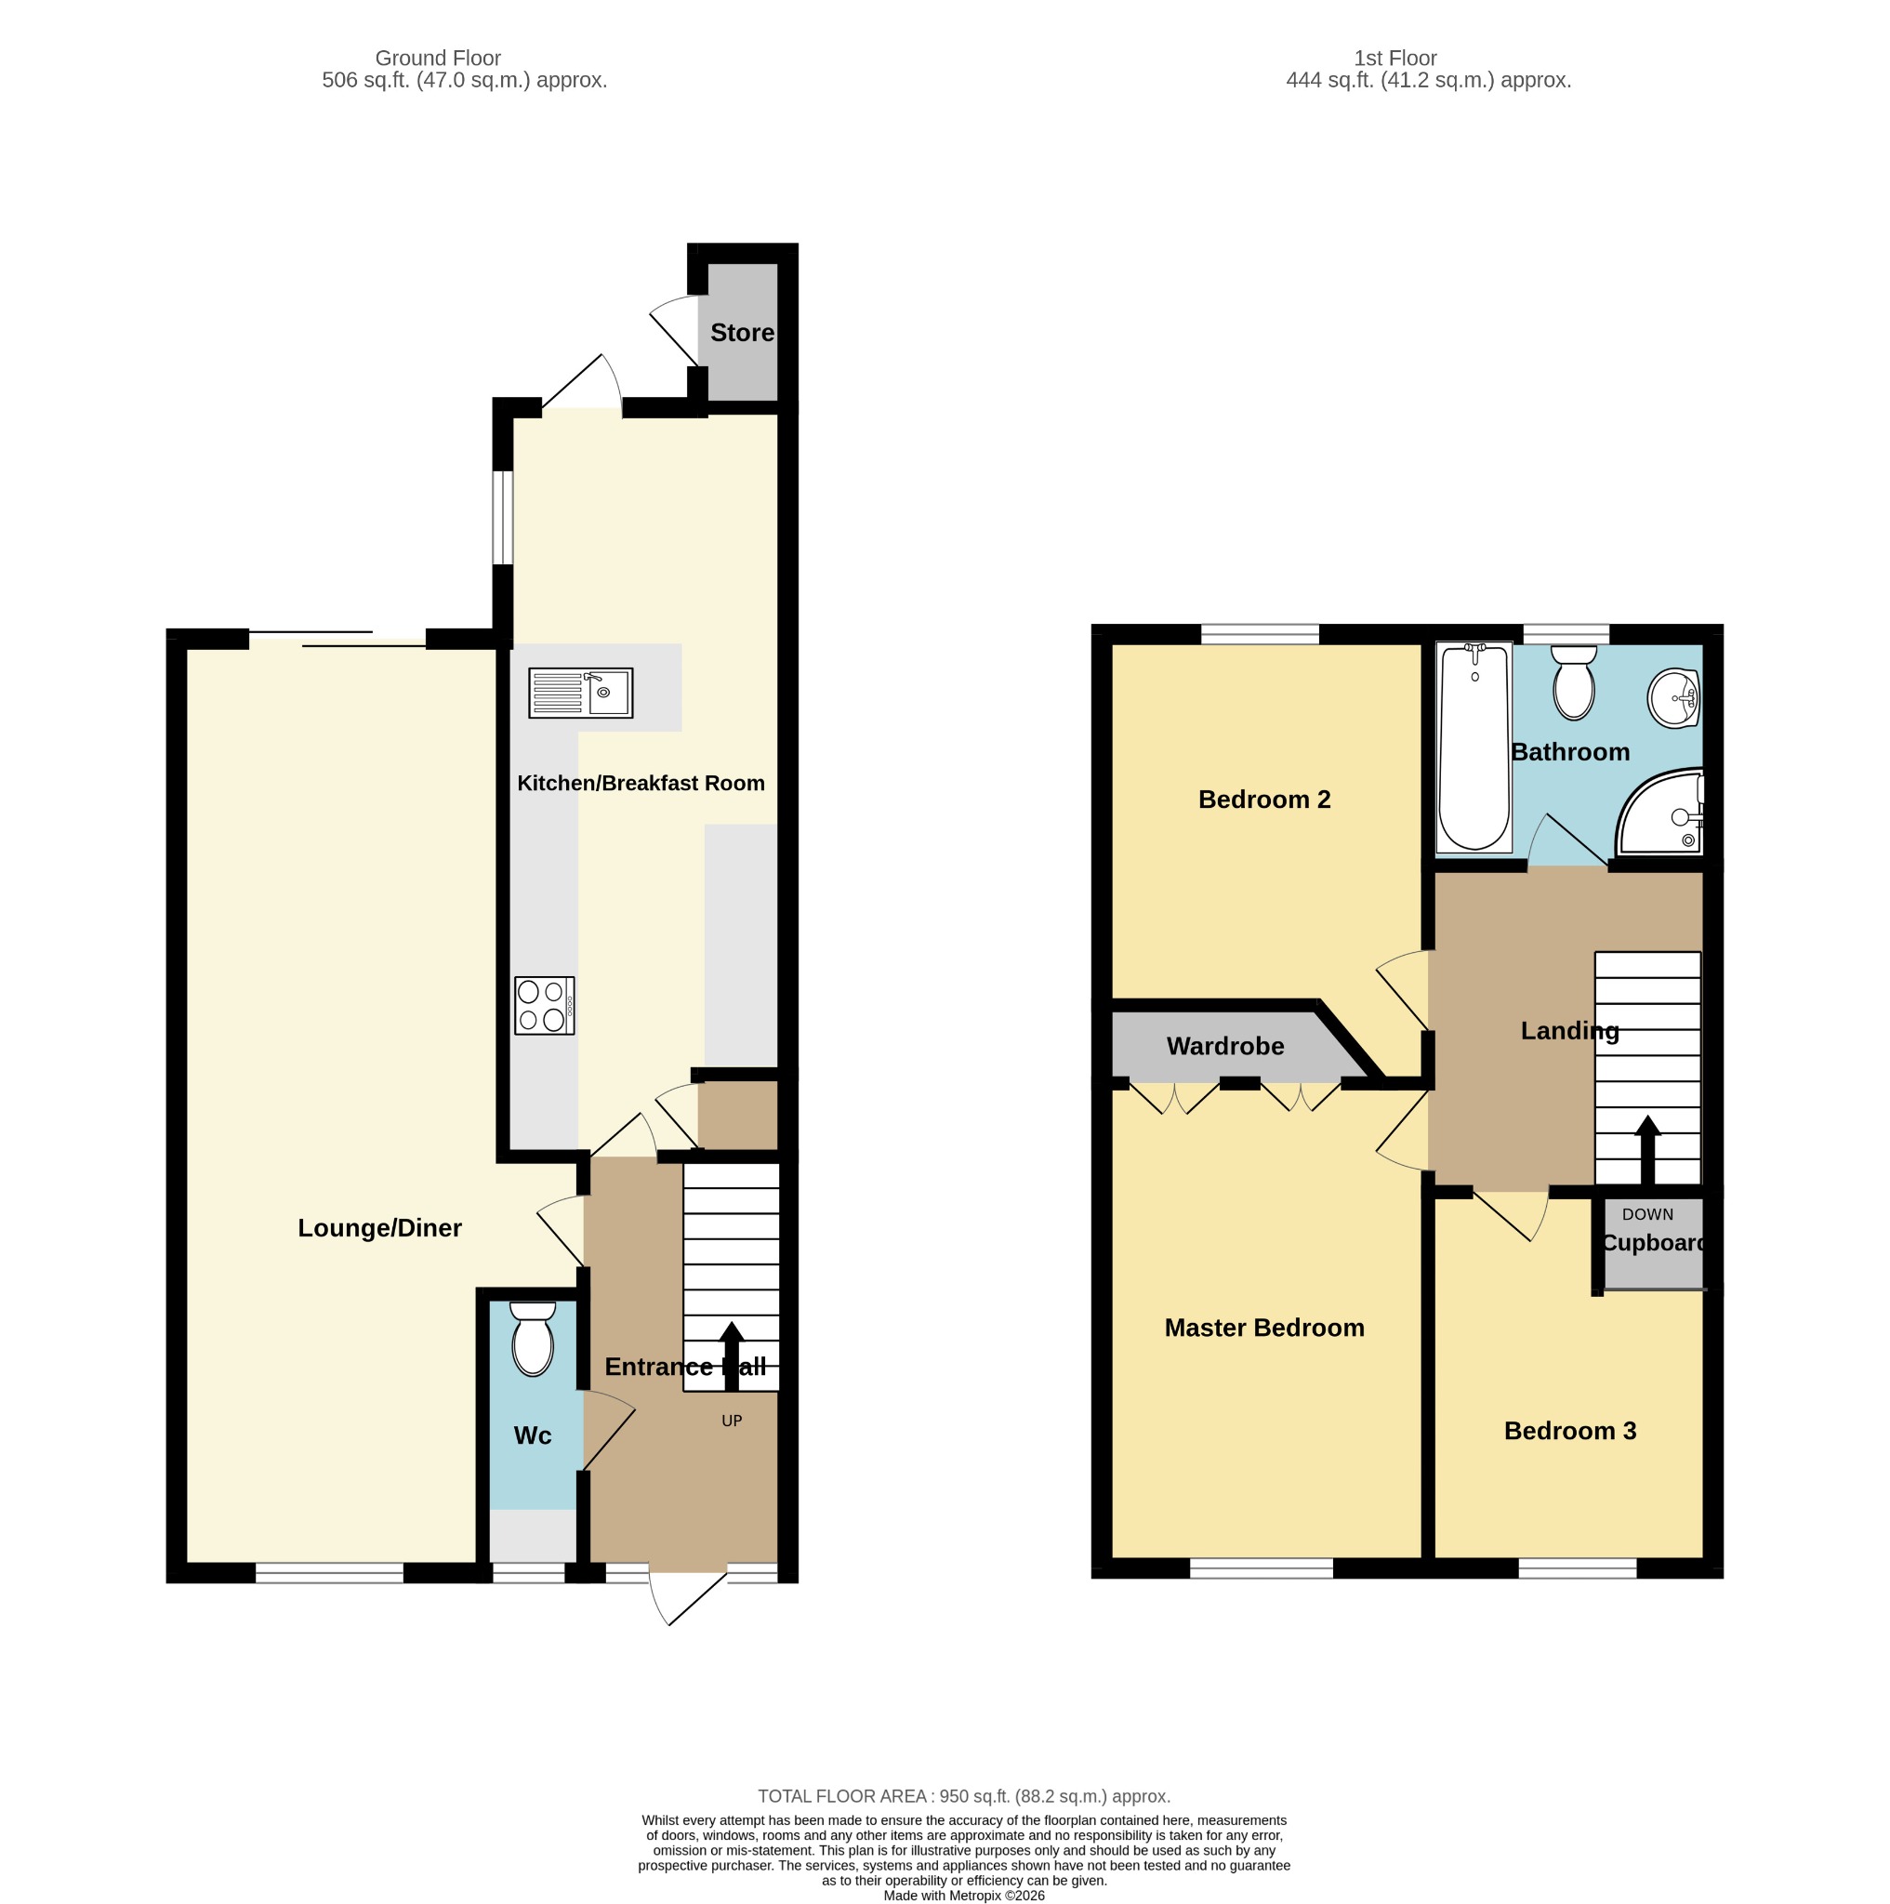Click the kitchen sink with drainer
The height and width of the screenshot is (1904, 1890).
coord(580,693)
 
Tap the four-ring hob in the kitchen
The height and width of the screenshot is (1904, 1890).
coord(544,1005)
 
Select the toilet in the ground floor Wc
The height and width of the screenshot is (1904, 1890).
coord(533,1340)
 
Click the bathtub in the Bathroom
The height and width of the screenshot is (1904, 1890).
coord(1474,748)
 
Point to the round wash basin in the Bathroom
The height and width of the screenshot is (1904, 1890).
coord(1673,699)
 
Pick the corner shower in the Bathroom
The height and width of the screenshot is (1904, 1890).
coord(1660,813)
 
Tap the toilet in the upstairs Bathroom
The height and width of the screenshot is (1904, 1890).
coord(1574,682)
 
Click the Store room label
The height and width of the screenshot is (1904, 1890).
coord(742,333)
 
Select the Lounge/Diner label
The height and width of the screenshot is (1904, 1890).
coord(379,1228)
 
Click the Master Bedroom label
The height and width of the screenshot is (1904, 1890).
coord(1264,1328)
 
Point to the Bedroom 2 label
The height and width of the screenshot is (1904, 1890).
coord(1264,800)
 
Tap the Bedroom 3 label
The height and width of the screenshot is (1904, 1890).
coord(1570,1431)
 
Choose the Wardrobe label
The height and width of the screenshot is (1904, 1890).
coord(1225,1046)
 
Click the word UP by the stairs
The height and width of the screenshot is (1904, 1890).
coord(731,1421)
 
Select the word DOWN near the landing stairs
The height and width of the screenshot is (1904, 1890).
coord(1647,1214)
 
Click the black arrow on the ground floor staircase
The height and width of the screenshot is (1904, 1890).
coord(731,1356)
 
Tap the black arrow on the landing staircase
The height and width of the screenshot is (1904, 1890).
coord(1647,1149)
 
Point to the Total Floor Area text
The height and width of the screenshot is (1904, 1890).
coord(964,1796)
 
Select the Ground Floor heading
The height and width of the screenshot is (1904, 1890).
coord(438,59)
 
